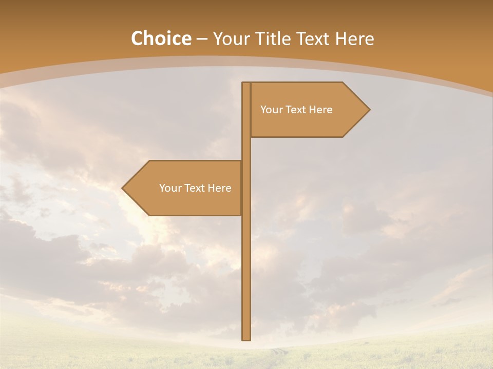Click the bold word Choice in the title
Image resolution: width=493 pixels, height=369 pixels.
pos(161,39)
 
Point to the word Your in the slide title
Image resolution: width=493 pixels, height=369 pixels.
pos(231,39)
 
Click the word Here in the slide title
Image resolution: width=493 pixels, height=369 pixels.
pos(355,39)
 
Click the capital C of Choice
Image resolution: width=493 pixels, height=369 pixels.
pos(138,39)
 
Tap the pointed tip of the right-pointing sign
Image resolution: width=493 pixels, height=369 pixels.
pos(369,109)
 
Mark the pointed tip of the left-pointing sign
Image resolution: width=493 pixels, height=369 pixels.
pos(123,188)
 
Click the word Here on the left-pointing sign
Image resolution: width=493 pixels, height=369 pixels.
pos(220,188)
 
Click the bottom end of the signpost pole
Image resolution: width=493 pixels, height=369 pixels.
pos(246,338)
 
